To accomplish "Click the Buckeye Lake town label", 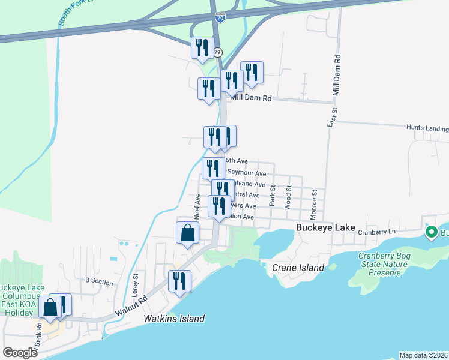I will [x=326, y=227].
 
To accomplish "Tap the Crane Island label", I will [x=298, y=268].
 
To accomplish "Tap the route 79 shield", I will [x=218, y=52].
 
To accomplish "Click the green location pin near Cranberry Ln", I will [x=430, y=232].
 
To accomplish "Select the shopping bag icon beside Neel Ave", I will [x=187, y=232].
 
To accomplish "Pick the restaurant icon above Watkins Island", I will [x=179, y=280].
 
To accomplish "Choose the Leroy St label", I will [x=136, y=283].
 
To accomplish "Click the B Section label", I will [x=99, y=280].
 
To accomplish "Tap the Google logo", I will [x=20, y=353].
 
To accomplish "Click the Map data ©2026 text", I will [x=424, y=355].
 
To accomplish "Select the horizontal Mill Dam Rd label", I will [x=250, y=98].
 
